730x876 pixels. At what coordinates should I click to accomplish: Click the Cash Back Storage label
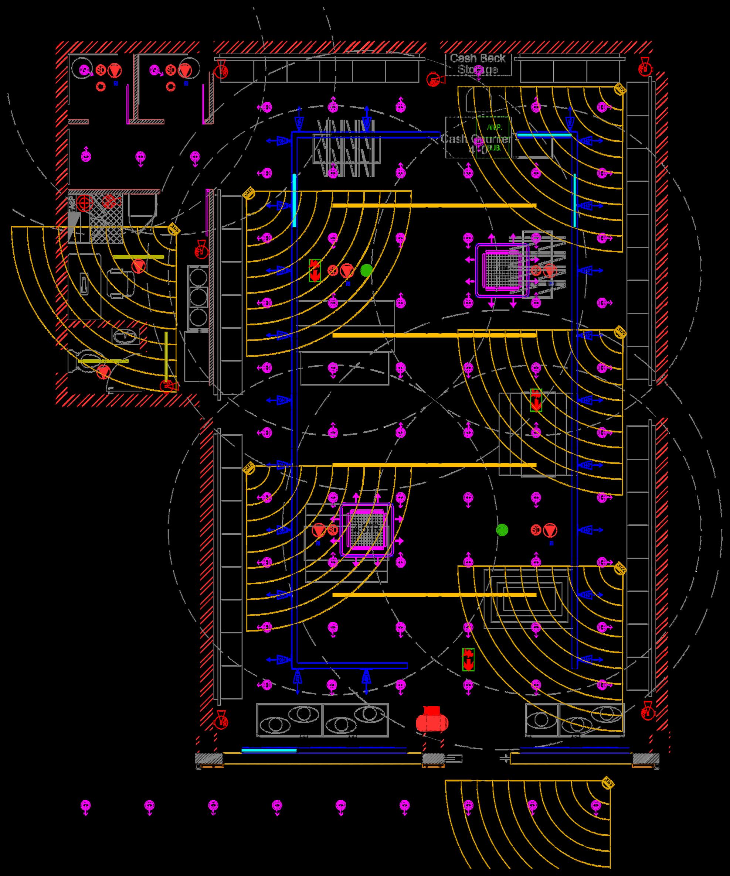[x=478, y=64]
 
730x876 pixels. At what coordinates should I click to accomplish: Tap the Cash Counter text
[x=476, y=139]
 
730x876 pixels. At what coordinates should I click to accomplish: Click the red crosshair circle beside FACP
[x=84, y=203]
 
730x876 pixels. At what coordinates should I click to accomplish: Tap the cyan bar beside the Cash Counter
[x=544, y=135]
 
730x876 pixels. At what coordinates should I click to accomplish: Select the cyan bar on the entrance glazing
[x=269, y=750]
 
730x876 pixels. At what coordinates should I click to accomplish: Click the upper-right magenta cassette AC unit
[x=502, y=271]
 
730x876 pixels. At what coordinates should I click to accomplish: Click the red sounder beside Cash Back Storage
[x=433, y=79]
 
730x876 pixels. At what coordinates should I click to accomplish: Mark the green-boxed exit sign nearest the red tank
[x=468, y=660]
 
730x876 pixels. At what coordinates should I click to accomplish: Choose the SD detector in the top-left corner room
[x=101, y=70]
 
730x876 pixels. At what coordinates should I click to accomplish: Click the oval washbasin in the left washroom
[x=125, y=335]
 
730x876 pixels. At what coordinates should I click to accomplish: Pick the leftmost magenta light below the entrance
[x=85, y=805]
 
